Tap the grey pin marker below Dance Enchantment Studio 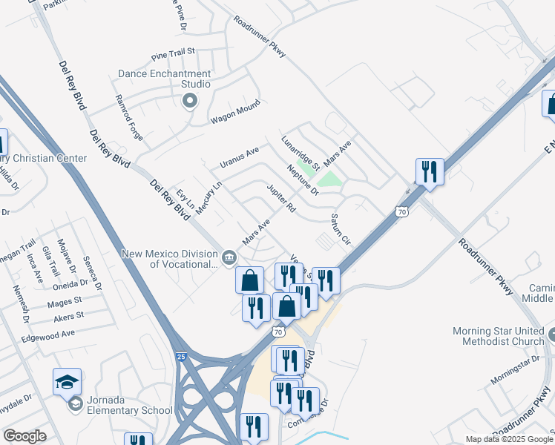point(190,101)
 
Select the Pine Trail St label point(172,53)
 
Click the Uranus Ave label point(239,157)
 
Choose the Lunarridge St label point(300,152)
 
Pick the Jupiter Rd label point(281,199)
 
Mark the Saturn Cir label point(340,230)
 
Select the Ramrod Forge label point(128,112)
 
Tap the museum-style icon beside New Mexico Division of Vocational point(229,258)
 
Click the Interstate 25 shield point(182,357)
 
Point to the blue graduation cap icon point(67,381)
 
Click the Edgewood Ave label point(49,334)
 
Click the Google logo point(24,436)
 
